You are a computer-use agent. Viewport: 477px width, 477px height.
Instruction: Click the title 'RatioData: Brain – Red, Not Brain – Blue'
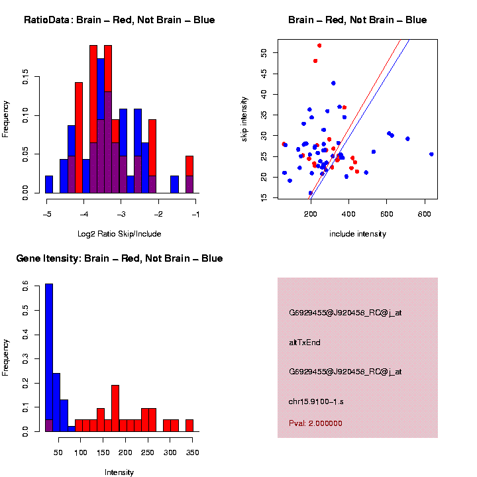tap(119, 20)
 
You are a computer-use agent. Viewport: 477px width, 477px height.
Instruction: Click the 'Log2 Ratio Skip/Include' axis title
tap(119, 233)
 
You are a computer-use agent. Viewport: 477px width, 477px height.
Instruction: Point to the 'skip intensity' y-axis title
tap(244, 118)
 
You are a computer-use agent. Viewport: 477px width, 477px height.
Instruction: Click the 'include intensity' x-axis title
tap(358, 233)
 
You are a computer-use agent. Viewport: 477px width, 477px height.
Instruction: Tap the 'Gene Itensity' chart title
tap(119, 258)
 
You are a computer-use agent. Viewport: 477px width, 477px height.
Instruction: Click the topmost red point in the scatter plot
tap(319, 46)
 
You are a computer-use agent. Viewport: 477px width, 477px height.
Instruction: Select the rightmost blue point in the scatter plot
tap(431, 154)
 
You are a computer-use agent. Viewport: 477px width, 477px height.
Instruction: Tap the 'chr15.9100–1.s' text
tap(316, 401)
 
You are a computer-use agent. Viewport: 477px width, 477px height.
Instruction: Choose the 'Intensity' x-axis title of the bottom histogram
tap(119, 472)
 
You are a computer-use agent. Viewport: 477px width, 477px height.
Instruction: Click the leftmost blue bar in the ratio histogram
tap(49, 185)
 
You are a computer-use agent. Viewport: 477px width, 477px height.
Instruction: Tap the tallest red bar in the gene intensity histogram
tap(115, 408)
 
